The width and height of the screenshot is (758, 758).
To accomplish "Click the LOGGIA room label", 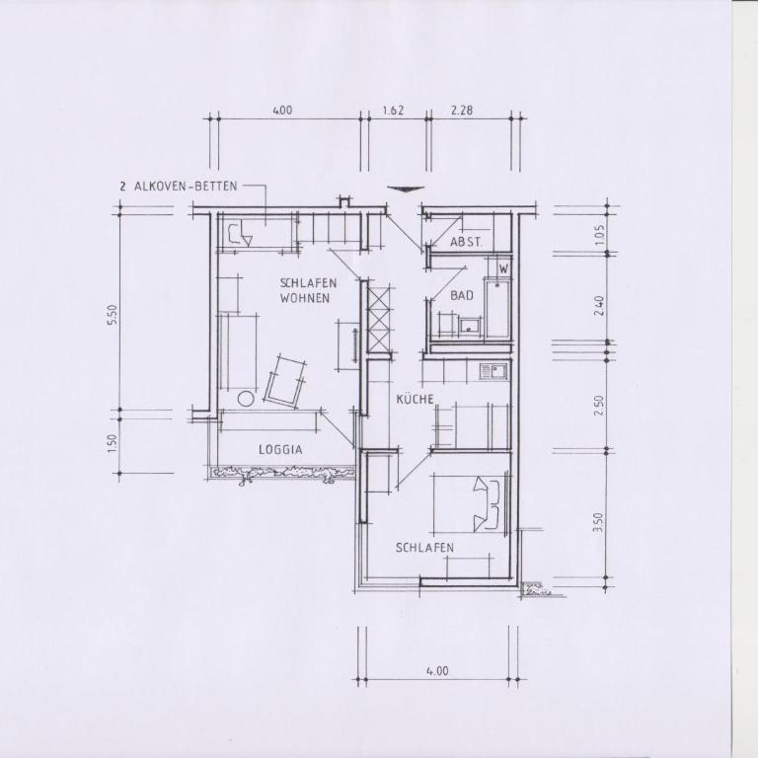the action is point(281,450).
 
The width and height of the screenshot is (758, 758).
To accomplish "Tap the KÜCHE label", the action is point(415,400).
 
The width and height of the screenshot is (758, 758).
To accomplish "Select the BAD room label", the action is point(462,295).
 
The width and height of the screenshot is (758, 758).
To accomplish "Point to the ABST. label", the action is point(466,242).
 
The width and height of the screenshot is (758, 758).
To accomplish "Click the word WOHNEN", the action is point(305,298).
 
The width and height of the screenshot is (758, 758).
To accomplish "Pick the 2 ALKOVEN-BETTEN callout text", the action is point(179,187).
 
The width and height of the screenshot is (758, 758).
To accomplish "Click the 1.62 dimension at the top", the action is point(393,111).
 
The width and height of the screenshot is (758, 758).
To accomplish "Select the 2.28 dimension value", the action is point(462,111).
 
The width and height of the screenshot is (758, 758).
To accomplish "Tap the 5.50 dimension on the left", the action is point(113,315).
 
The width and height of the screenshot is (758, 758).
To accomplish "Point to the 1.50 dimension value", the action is point(113,443).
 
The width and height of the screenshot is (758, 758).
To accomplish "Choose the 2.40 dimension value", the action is point(599,306).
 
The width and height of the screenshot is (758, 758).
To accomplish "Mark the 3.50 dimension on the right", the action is point(598,522).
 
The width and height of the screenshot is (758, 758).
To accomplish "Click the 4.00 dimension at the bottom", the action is point(437,671).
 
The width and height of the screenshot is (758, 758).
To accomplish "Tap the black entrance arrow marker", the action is point(406,189).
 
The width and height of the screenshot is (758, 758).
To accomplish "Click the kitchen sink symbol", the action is point(493,371).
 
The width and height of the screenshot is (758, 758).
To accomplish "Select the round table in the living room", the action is point(246,399).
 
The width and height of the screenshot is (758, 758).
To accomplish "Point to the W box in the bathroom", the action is point(503,267).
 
